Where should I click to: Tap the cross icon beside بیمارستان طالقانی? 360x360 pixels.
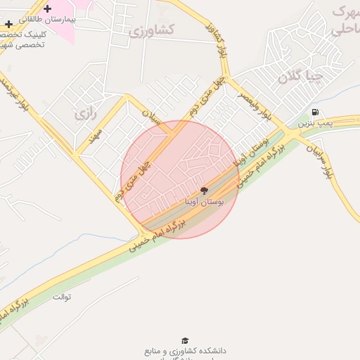[47, 9]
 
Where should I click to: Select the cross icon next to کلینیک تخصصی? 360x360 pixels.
[8, 25]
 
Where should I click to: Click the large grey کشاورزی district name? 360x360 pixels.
[152, 30]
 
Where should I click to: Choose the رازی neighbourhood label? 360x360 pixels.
[84, 112]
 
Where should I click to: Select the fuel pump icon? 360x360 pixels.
[314, 112]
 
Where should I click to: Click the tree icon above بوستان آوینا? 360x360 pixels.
[205, 191]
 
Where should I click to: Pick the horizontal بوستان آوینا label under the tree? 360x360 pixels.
[204, 202]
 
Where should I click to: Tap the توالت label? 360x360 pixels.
[62, 296]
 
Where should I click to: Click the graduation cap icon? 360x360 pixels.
[185, 340]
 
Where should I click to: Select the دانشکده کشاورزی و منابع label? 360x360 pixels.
[185, 350]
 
